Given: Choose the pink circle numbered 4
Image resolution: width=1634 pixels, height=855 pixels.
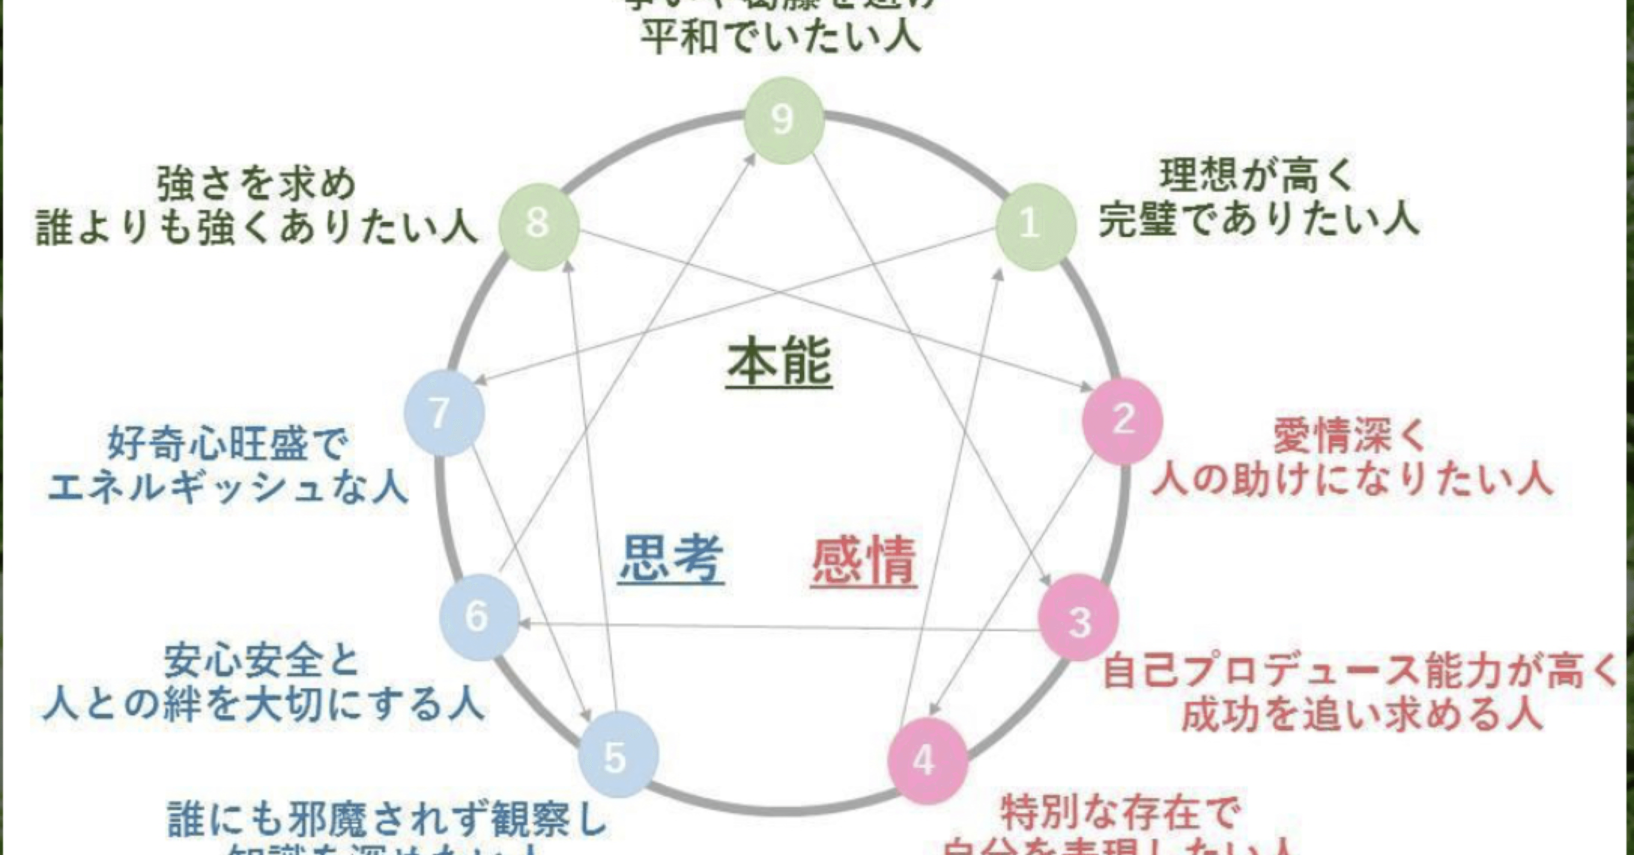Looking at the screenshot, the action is point(927,760).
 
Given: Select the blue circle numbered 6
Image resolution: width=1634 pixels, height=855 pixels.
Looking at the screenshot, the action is point(479,616).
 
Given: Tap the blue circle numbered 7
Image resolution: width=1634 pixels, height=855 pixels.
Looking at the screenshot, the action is point(444,413).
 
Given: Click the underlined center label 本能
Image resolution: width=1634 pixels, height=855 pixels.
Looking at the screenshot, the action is point(779,363).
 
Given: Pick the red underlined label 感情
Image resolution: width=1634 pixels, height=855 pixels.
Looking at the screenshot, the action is point(864,561).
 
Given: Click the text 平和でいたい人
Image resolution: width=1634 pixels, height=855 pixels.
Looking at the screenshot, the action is point(780,36).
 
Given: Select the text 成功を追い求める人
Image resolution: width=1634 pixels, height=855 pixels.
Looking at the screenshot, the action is point(1362,714).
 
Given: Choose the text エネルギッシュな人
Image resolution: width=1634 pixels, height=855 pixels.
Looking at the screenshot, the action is point(227,487).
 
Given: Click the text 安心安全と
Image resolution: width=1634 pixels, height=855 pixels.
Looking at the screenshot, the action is point(263,662).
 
